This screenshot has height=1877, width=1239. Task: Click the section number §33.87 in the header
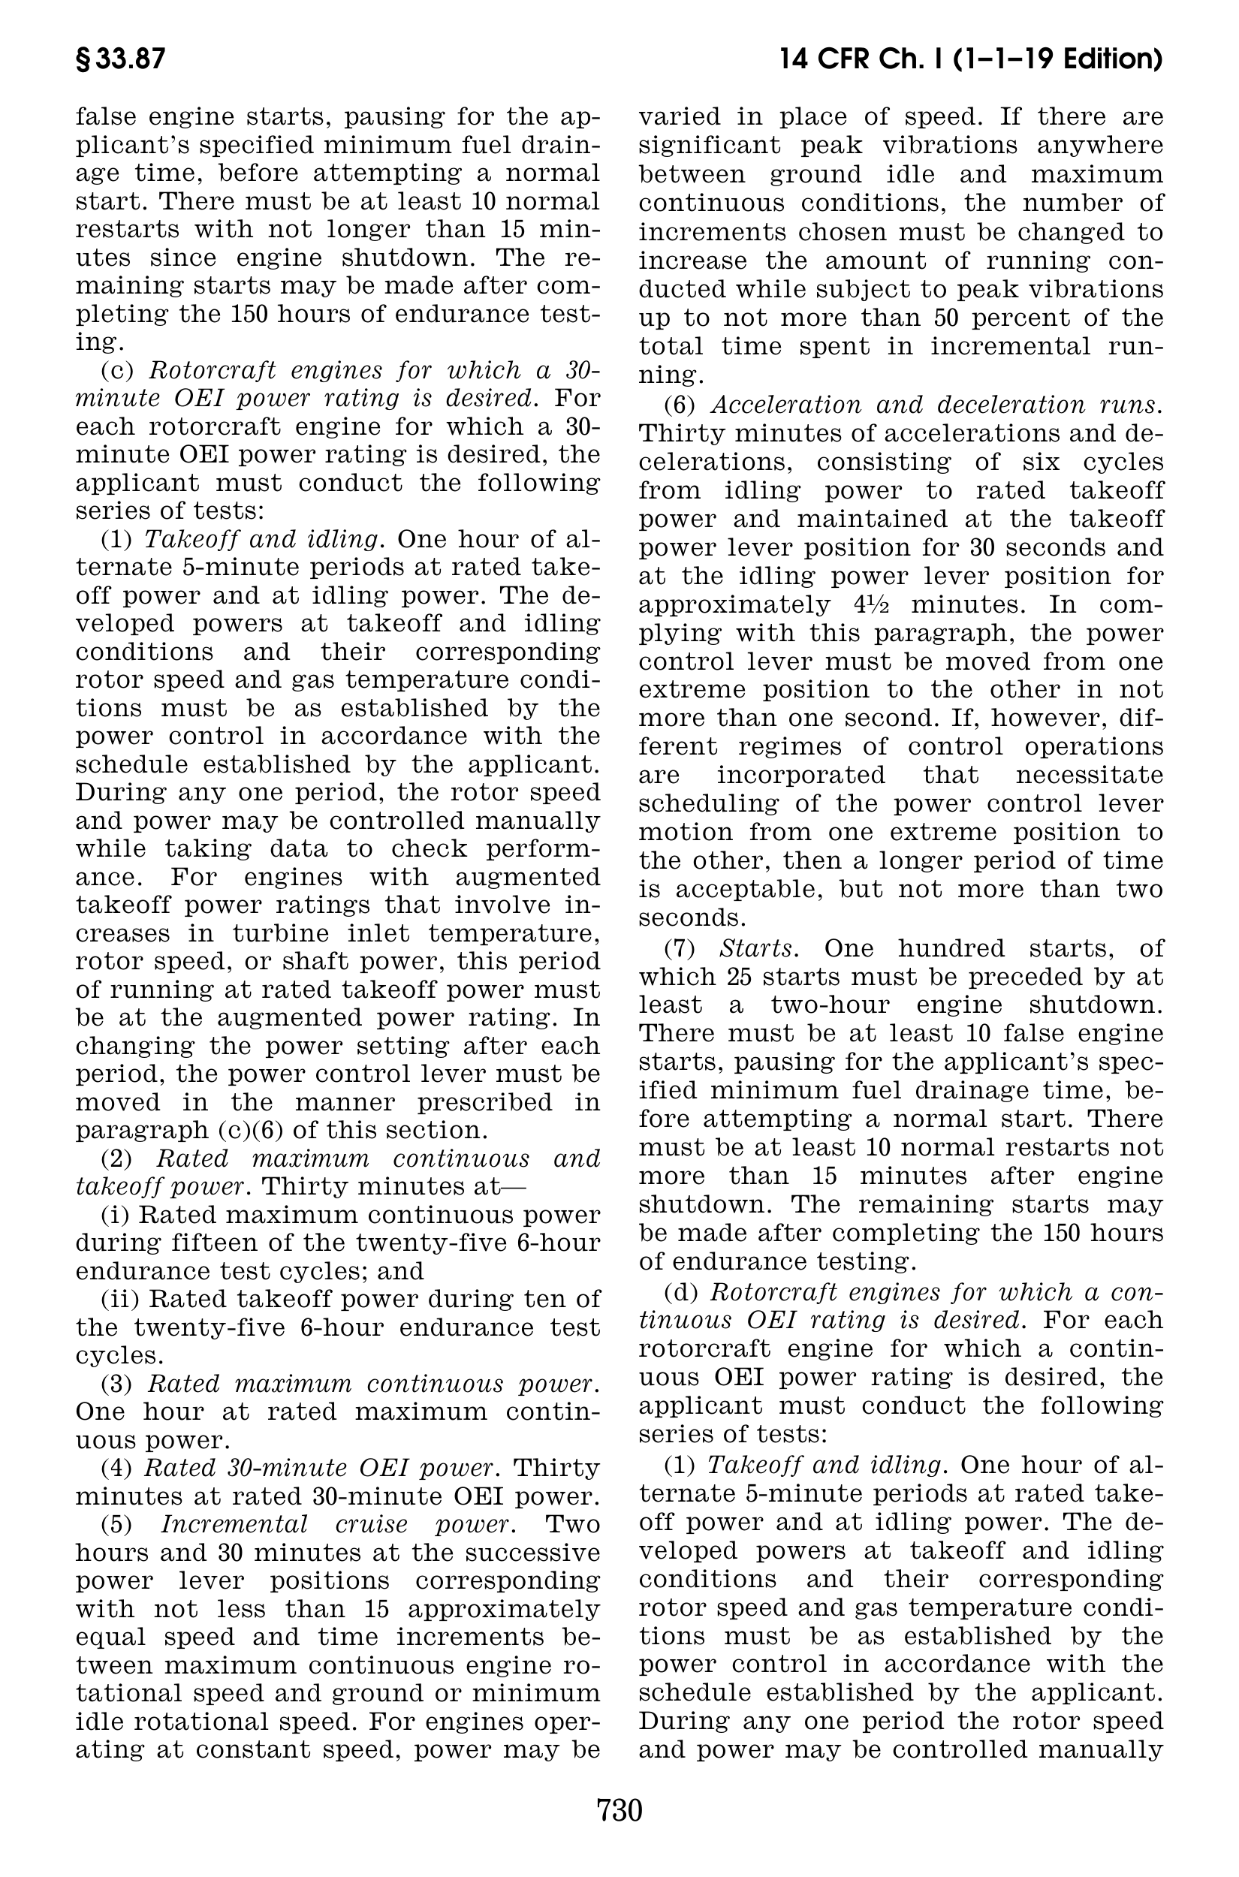pyautogui.click(x=120, y=60)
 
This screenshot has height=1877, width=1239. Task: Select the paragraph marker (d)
pyautogui.click(x=680, y=1292)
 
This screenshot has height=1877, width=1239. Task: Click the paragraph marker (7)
pyautogui.click(x=679, y=948)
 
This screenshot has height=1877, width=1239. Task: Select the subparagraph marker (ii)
pyautogui.click(x=120, y=1300)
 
